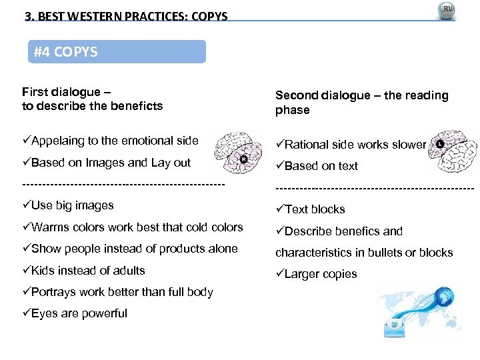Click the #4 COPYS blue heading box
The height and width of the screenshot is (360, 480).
tap(117, 52)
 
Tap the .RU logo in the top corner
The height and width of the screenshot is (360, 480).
tap(446, 11)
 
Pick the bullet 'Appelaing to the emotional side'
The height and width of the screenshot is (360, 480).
tap(110, 141)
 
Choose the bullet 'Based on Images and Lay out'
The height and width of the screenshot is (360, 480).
tap(106, 163)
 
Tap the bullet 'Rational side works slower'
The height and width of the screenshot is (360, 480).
tap(351, 145)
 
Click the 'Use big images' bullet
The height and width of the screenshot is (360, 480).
tap(68, 205)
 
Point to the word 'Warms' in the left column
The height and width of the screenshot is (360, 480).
tap(49, 227)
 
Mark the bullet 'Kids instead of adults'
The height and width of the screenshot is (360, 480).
tap(83, 271)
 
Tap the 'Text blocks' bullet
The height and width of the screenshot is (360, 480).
tap(310, 209)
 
